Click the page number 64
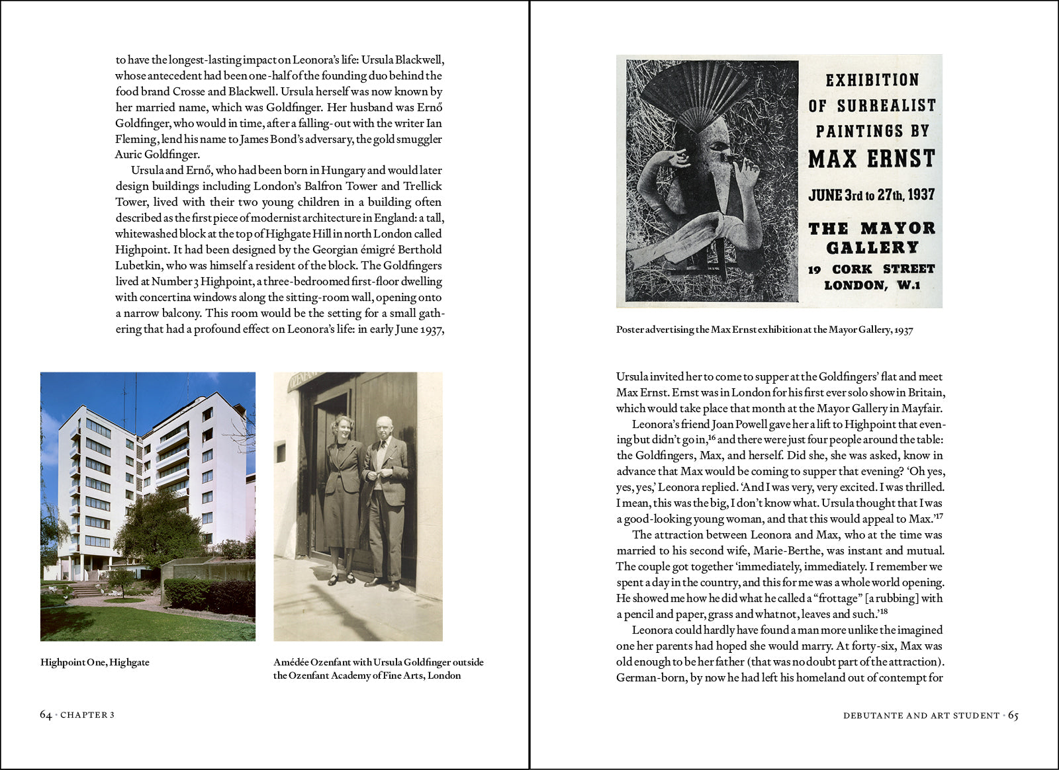[46, 714]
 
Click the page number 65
[1013, 715]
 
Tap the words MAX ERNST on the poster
[871, 159]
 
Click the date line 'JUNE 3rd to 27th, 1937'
[871, 195]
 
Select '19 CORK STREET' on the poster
[871, 269]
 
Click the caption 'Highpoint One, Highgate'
[95, 662]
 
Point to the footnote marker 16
[712, 437]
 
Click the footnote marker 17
[938, 516]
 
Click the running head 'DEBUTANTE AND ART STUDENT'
[921, 715]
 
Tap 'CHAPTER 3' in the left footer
[87, 715]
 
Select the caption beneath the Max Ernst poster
[764, 329]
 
